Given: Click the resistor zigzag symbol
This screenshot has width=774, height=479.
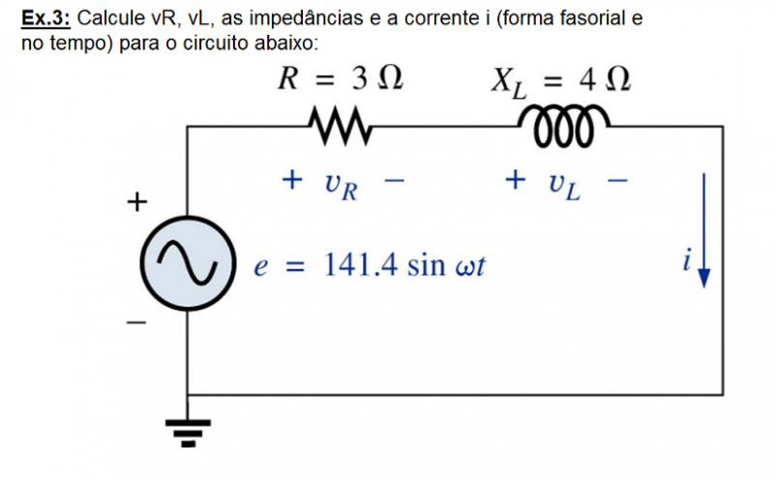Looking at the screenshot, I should click(x=339, y=124).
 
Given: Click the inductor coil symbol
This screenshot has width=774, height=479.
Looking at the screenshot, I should click(x=565, y=123).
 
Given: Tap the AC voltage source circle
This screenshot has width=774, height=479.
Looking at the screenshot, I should click(x=187, y=261).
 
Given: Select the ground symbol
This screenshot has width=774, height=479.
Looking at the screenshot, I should click(x=187, y=428).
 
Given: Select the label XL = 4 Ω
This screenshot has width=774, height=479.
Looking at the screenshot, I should click(x=560, y=81).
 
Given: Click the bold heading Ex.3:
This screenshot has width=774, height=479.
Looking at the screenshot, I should click(x=46, y=18).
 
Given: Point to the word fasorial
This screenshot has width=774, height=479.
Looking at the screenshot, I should click(x=585, y=18).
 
